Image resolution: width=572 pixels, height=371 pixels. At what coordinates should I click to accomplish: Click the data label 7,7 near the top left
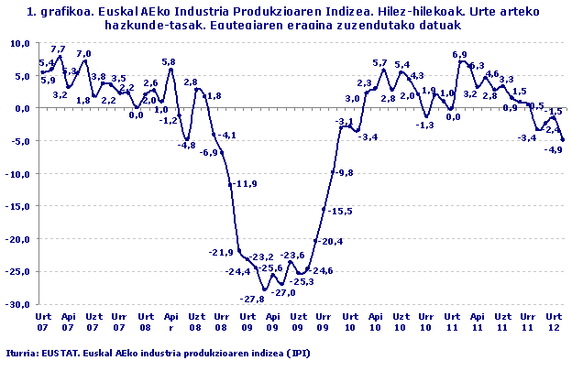tap(58, 49)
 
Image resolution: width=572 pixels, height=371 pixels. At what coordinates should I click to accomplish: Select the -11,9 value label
tap(244, 184)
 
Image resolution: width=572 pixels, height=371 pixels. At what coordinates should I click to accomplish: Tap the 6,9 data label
tap(460, 55)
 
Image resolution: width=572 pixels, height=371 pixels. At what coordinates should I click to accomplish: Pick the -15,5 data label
tap(341, 211)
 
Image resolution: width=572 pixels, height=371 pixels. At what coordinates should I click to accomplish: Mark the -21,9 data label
tap(222, 253)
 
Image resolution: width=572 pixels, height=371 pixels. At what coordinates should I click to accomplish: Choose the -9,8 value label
tap(344, 172)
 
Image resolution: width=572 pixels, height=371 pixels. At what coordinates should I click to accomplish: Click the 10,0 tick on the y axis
tap(19, 43)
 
